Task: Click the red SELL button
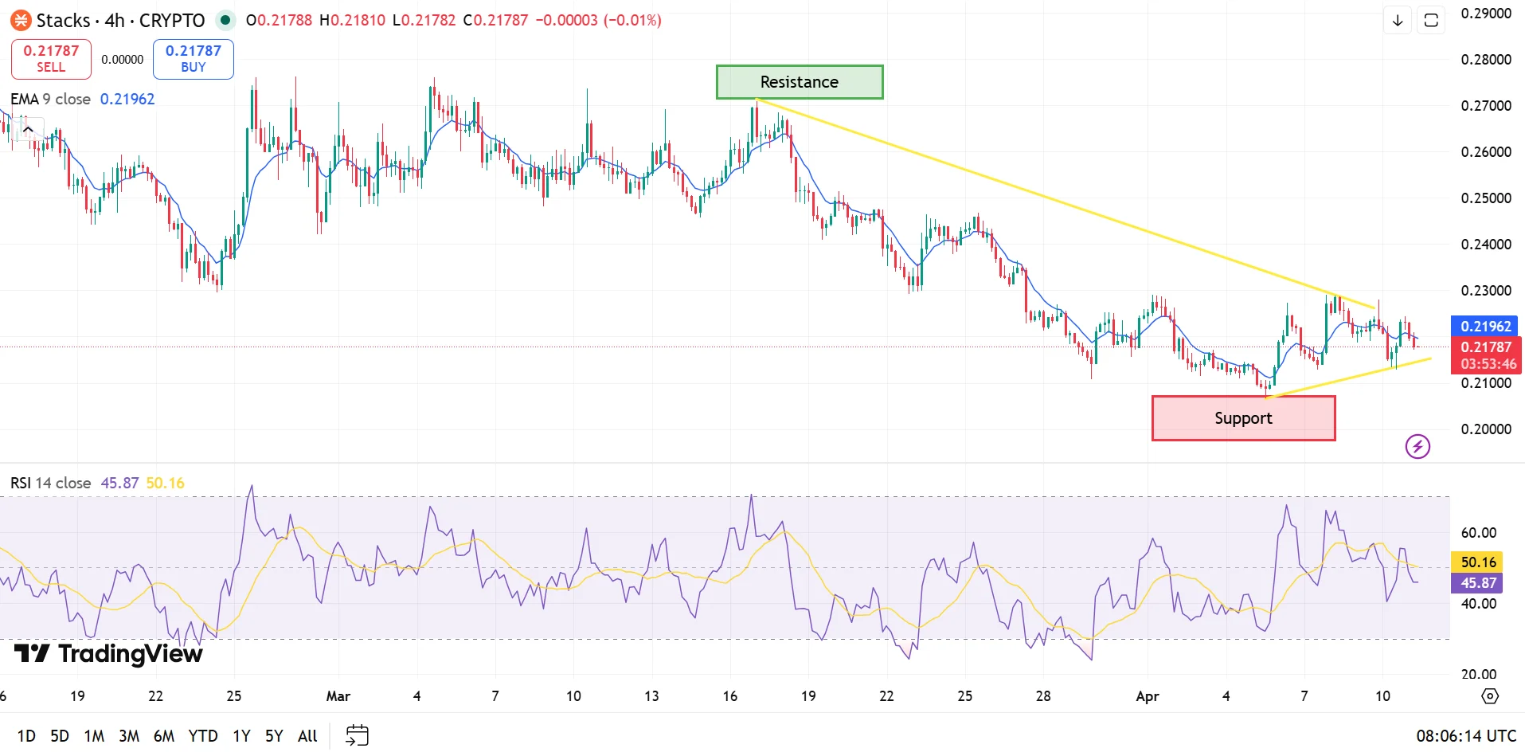click(51, 59)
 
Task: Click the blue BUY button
click(193, 59)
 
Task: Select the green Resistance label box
click(799, 82)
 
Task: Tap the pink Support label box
click(1242, 418)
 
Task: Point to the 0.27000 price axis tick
click(1485, 106)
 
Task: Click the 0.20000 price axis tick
click(1485, 429)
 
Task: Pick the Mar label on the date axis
click(338, 696)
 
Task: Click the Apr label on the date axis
click(1147, 696)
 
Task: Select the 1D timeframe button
click(26, 736)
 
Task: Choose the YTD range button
click(203, 736)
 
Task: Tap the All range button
click(307, 736)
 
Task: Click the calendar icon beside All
click(358, 735)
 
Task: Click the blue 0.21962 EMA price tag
click(1485, 326)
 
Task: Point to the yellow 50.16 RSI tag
click(1478, 562)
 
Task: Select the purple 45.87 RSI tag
click(1478, 583)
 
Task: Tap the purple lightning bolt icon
click(1417, 446)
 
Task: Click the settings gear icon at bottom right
click(1489, 696)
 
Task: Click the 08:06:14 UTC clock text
click(1465, 736)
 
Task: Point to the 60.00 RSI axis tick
click(1478, 533)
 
